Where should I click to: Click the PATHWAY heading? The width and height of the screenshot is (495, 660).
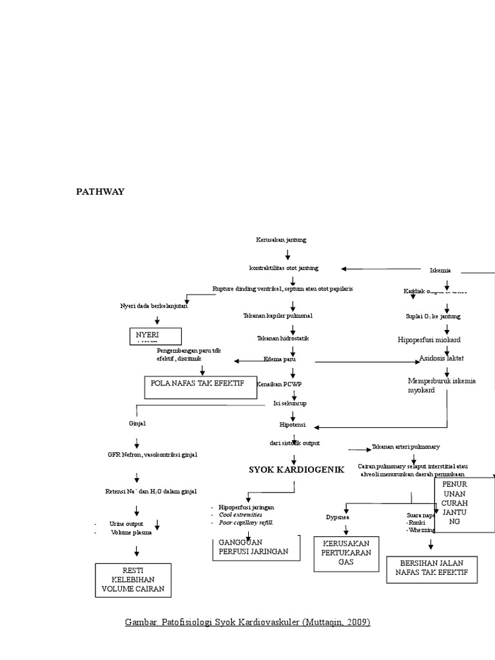click(x=100, y=191)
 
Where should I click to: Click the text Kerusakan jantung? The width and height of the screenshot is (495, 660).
click(x=281, y=239)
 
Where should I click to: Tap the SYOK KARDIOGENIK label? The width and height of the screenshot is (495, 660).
click(x=296, y=469)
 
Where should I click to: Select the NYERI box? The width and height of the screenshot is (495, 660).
click(x=155, y=336)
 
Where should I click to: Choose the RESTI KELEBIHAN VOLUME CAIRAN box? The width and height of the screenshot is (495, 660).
click(x=133, y=579)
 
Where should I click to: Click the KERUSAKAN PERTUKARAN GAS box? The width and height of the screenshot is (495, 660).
click(x=346, y=553)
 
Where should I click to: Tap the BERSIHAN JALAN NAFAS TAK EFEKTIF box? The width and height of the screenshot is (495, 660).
click(x=431, y=569)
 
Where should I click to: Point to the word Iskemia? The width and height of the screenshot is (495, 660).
click(x=440, y=270)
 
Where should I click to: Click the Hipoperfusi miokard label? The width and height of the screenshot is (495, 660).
click(x=429, y=339)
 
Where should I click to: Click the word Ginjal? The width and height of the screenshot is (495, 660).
click(x=138, y=423)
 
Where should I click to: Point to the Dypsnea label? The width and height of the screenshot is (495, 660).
click(x=337, y=516)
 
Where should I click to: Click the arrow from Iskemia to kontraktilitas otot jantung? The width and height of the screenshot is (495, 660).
click(x=380, y=268)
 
